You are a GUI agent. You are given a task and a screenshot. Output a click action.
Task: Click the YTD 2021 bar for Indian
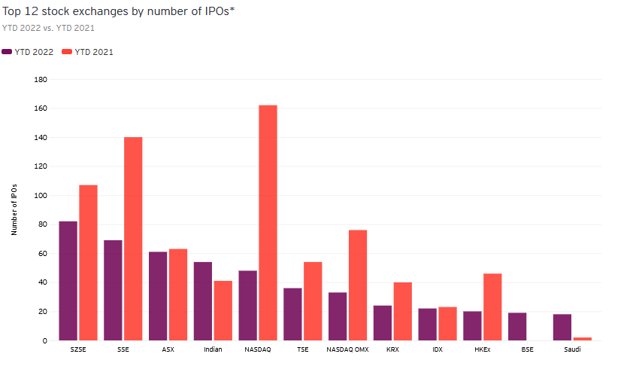pos(223,310)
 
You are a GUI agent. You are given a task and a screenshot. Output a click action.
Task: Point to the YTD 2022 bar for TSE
pos(292,314)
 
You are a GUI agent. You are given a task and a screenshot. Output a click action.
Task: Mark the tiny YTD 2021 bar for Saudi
pos(583,339)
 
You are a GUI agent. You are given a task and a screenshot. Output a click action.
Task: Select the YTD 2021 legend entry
pos(87,52)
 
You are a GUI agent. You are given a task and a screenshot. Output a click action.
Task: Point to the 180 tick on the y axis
pos(42,79)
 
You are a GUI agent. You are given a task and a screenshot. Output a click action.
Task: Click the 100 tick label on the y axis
pos(42,195)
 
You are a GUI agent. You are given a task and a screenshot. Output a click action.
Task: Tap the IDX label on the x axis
pos(438,349)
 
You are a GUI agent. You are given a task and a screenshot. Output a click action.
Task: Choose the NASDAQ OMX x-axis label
pos(347,349)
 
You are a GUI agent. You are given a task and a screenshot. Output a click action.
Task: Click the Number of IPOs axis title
pos(14,209)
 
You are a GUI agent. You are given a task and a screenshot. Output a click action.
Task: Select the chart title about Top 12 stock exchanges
pos(119,12)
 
